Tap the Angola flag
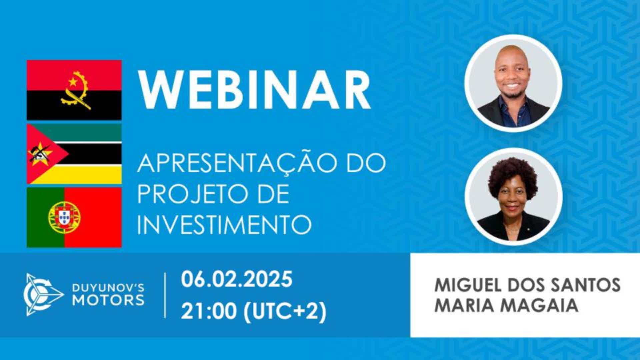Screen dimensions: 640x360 pos(74,90)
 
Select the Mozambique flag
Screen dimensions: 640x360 pos(74,154)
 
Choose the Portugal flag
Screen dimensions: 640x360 pos(74,217)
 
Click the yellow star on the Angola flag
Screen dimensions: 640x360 pos(73,81)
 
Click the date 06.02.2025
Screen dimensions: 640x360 pos(237,279)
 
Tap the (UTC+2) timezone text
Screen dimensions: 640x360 pos(285,312)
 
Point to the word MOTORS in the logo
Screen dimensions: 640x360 pos(109,300)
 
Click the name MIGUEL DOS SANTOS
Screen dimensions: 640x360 pos(527,285)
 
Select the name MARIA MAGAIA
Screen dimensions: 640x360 pos(506,305)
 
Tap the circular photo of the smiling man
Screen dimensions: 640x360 pos(513,83)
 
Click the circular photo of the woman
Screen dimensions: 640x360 pos(513,197)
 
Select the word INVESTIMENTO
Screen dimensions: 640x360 pos(224,224)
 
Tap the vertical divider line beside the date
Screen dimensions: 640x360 pos(165,295)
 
